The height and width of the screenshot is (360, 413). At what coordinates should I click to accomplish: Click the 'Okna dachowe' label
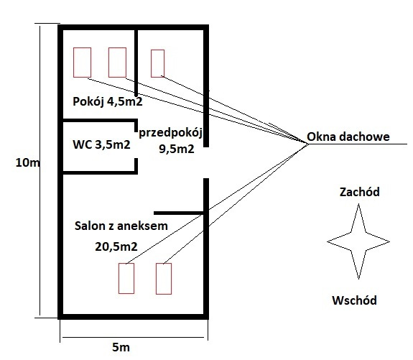pyautogui.click(x=348, y=137)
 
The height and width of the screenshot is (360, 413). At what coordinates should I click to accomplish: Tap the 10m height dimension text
pyautogui.click(x=28, y=162)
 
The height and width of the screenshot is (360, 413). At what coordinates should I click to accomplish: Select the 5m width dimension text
pyautogui.click(x=121, y=347)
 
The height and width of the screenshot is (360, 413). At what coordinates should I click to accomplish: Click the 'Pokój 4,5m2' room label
pyautogui.click(x=108, y=102)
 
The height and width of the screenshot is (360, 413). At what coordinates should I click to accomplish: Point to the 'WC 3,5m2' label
pyautogui.click(x=101, y=144)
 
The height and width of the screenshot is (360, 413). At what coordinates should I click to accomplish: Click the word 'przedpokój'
pyautogui.click(x=171, y=133)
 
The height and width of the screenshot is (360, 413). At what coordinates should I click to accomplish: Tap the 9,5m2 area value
pyautogui.click(x=177, y=149)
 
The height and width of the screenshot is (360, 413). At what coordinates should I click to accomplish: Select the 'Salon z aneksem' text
pyautogui.click(x=121, y=226)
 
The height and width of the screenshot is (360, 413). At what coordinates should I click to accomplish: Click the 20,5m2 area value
pyautogui.click(x=116, y=246)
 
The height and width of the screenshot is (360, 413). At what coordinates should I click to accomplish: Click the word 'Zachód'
pyautogui.click(x=360, y=192)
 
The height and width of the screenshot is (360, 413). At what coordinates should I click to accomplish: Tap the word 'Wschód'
pyautogui.click(x=354, y=300)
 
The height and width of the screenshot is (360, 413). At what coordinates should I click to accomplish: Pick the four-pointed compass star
pyautogui.click(x=358, y=241)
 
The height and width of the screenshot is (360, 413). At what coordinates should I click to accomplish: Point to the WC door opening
pyautogui.click(x=136, y=145)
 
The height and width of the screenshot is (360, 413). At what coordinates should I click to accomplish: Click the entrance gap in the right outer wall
pyautogui.click(x=206, y=162)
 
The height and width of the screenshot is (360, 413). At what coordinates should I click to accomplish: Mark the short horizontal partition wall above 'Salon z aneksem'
pyautogui.click(x=179, y=213)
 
